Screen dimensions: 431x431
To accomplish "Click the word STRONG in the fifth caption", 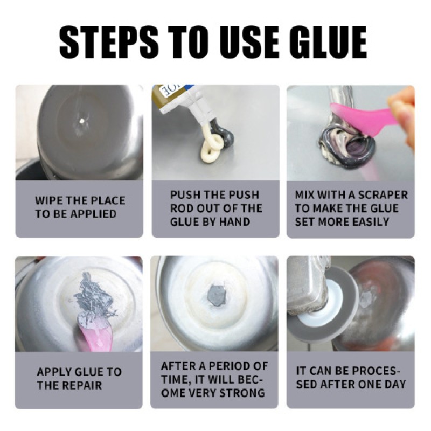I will pyautogui.click(x=241, y=392).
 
